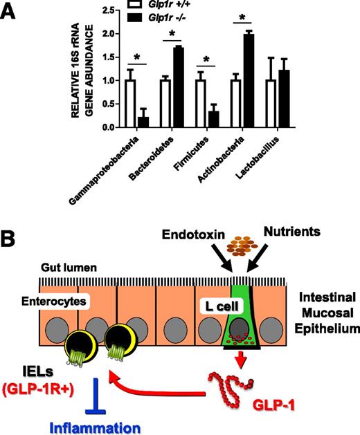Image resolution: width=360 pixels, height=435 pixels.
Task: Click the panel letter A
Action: pyautogui.click(x=11, y=12)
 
